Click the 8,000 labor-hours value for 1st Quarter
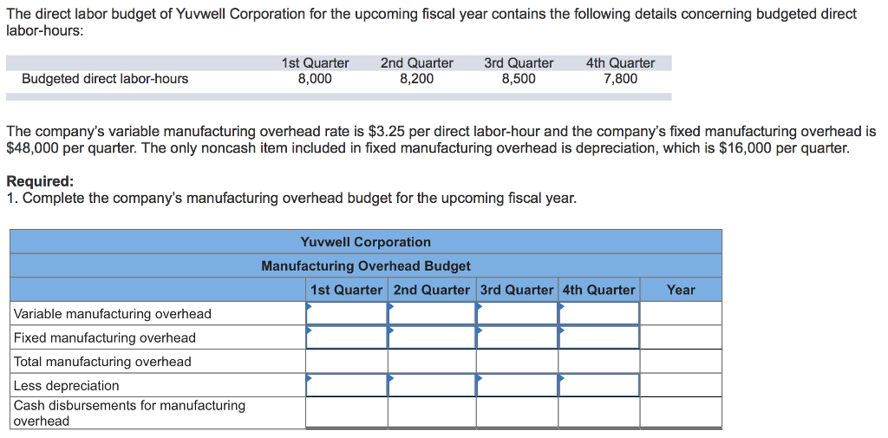tap(315, 79)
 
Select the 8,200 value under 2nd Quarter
tap(416, 79)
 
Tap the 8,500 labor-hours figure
tap(519, 79)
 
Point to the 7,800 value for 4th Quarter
tap(620, 79)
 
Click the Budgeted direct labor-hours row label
tap(105, 79)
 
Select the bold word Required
tap(40, 181)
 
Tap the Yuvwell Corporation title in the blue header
tap(365, 242)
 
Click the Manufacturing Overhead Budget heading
tap(366, 266)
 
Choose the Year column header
tap(681, 290)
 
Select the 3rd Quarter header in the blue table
tap(517, 290)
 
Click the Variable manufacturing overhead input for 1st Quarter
tap(347, 314)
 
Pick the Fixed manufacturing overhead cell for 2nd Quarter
tap(432, 337)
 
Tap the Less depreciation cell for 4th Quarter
tap(599, 385)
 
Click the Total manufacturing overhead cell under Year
tap(681, 362)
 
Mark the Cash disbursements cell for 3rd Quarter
tap(517, 413)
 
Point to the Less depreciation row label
tap(67, 385)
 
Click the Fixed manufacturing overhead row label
tap(105, 337)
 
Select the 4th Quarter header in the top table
tap(620, 63)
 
